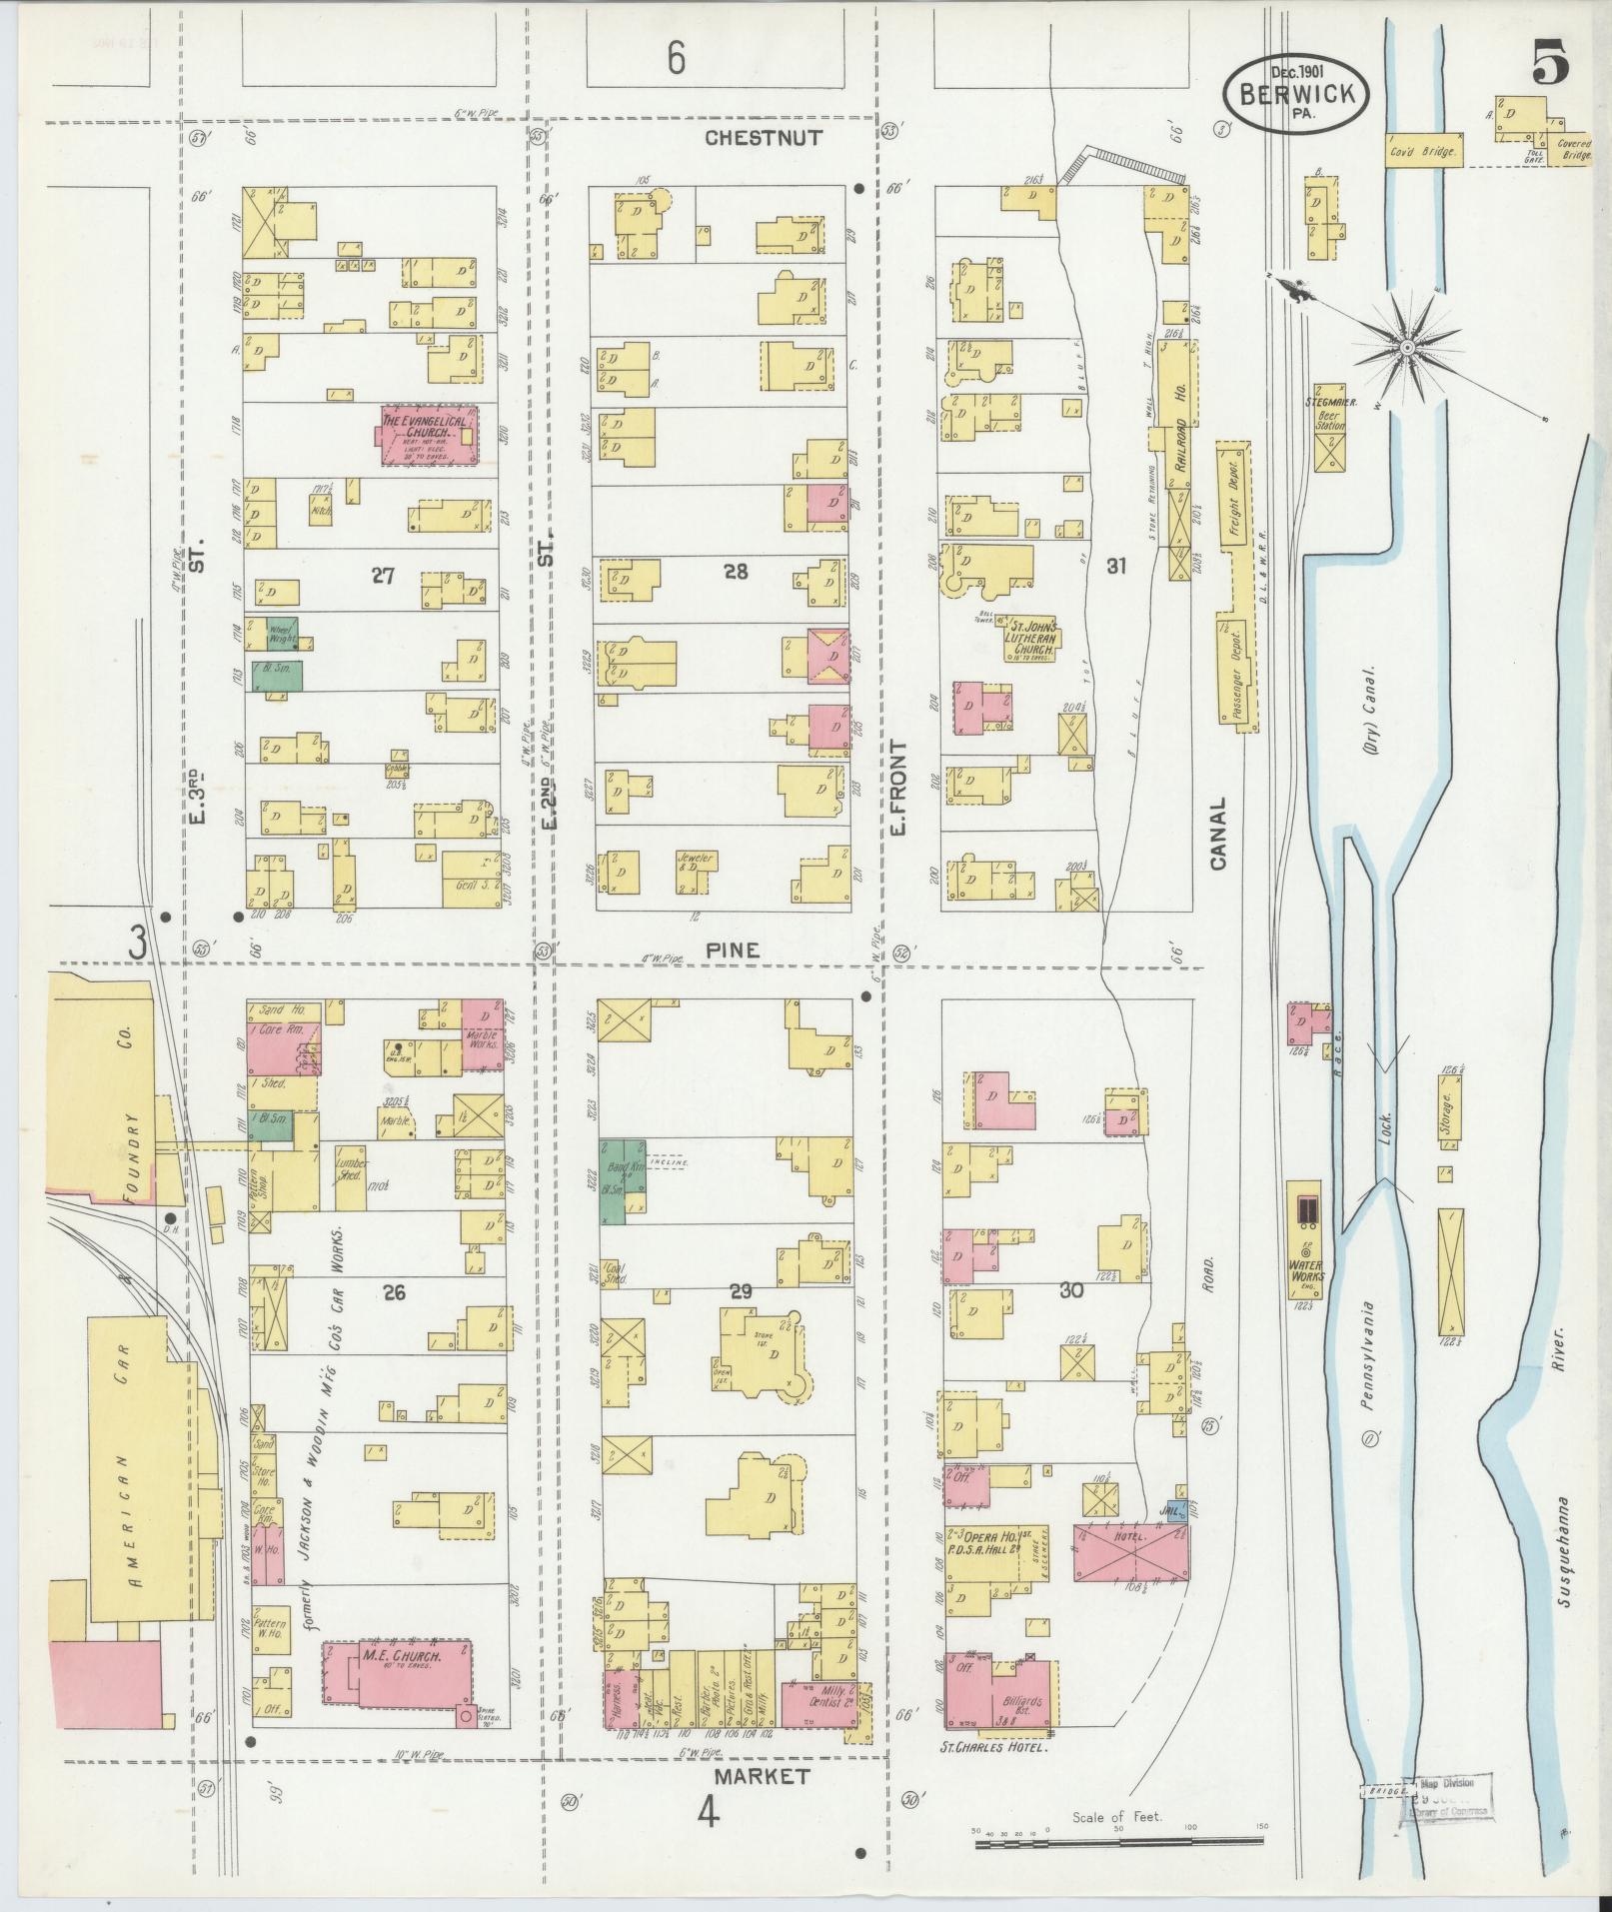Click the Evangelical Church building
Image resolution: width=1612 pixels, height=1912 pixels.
click(x=428, y=435)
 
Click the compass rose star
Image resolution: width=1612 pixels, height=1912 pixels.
click(x=1406, y=347)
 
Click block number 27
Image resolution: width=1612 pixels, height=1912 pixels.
click(x=383, y=575)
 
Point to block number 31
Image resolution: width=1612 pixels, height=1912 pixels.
click(x=1116, y=566)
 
